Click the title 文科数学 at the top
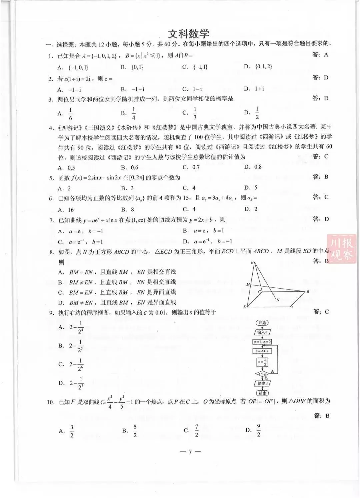[188, 34]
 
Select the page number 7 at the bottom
[190, 452]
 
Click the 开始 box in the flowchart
[262, 323]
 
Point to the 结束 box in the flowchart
[262, 393]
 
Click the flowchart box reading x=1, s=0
[262, 342]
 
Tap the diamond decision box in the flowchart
[262, 374]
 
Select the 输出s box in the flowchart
[262, 383]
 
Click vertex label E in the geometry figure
[252, 262]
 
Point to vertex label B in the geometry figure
[308, 292]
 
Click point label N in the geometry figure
[278, 300]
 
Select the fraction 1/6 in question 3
[70, 114]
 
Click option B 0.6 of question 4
[130, 167]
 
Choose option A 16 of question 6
[66, 210]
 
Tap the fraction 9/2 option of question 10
[258, 431]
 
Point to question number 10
[50, 402]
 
